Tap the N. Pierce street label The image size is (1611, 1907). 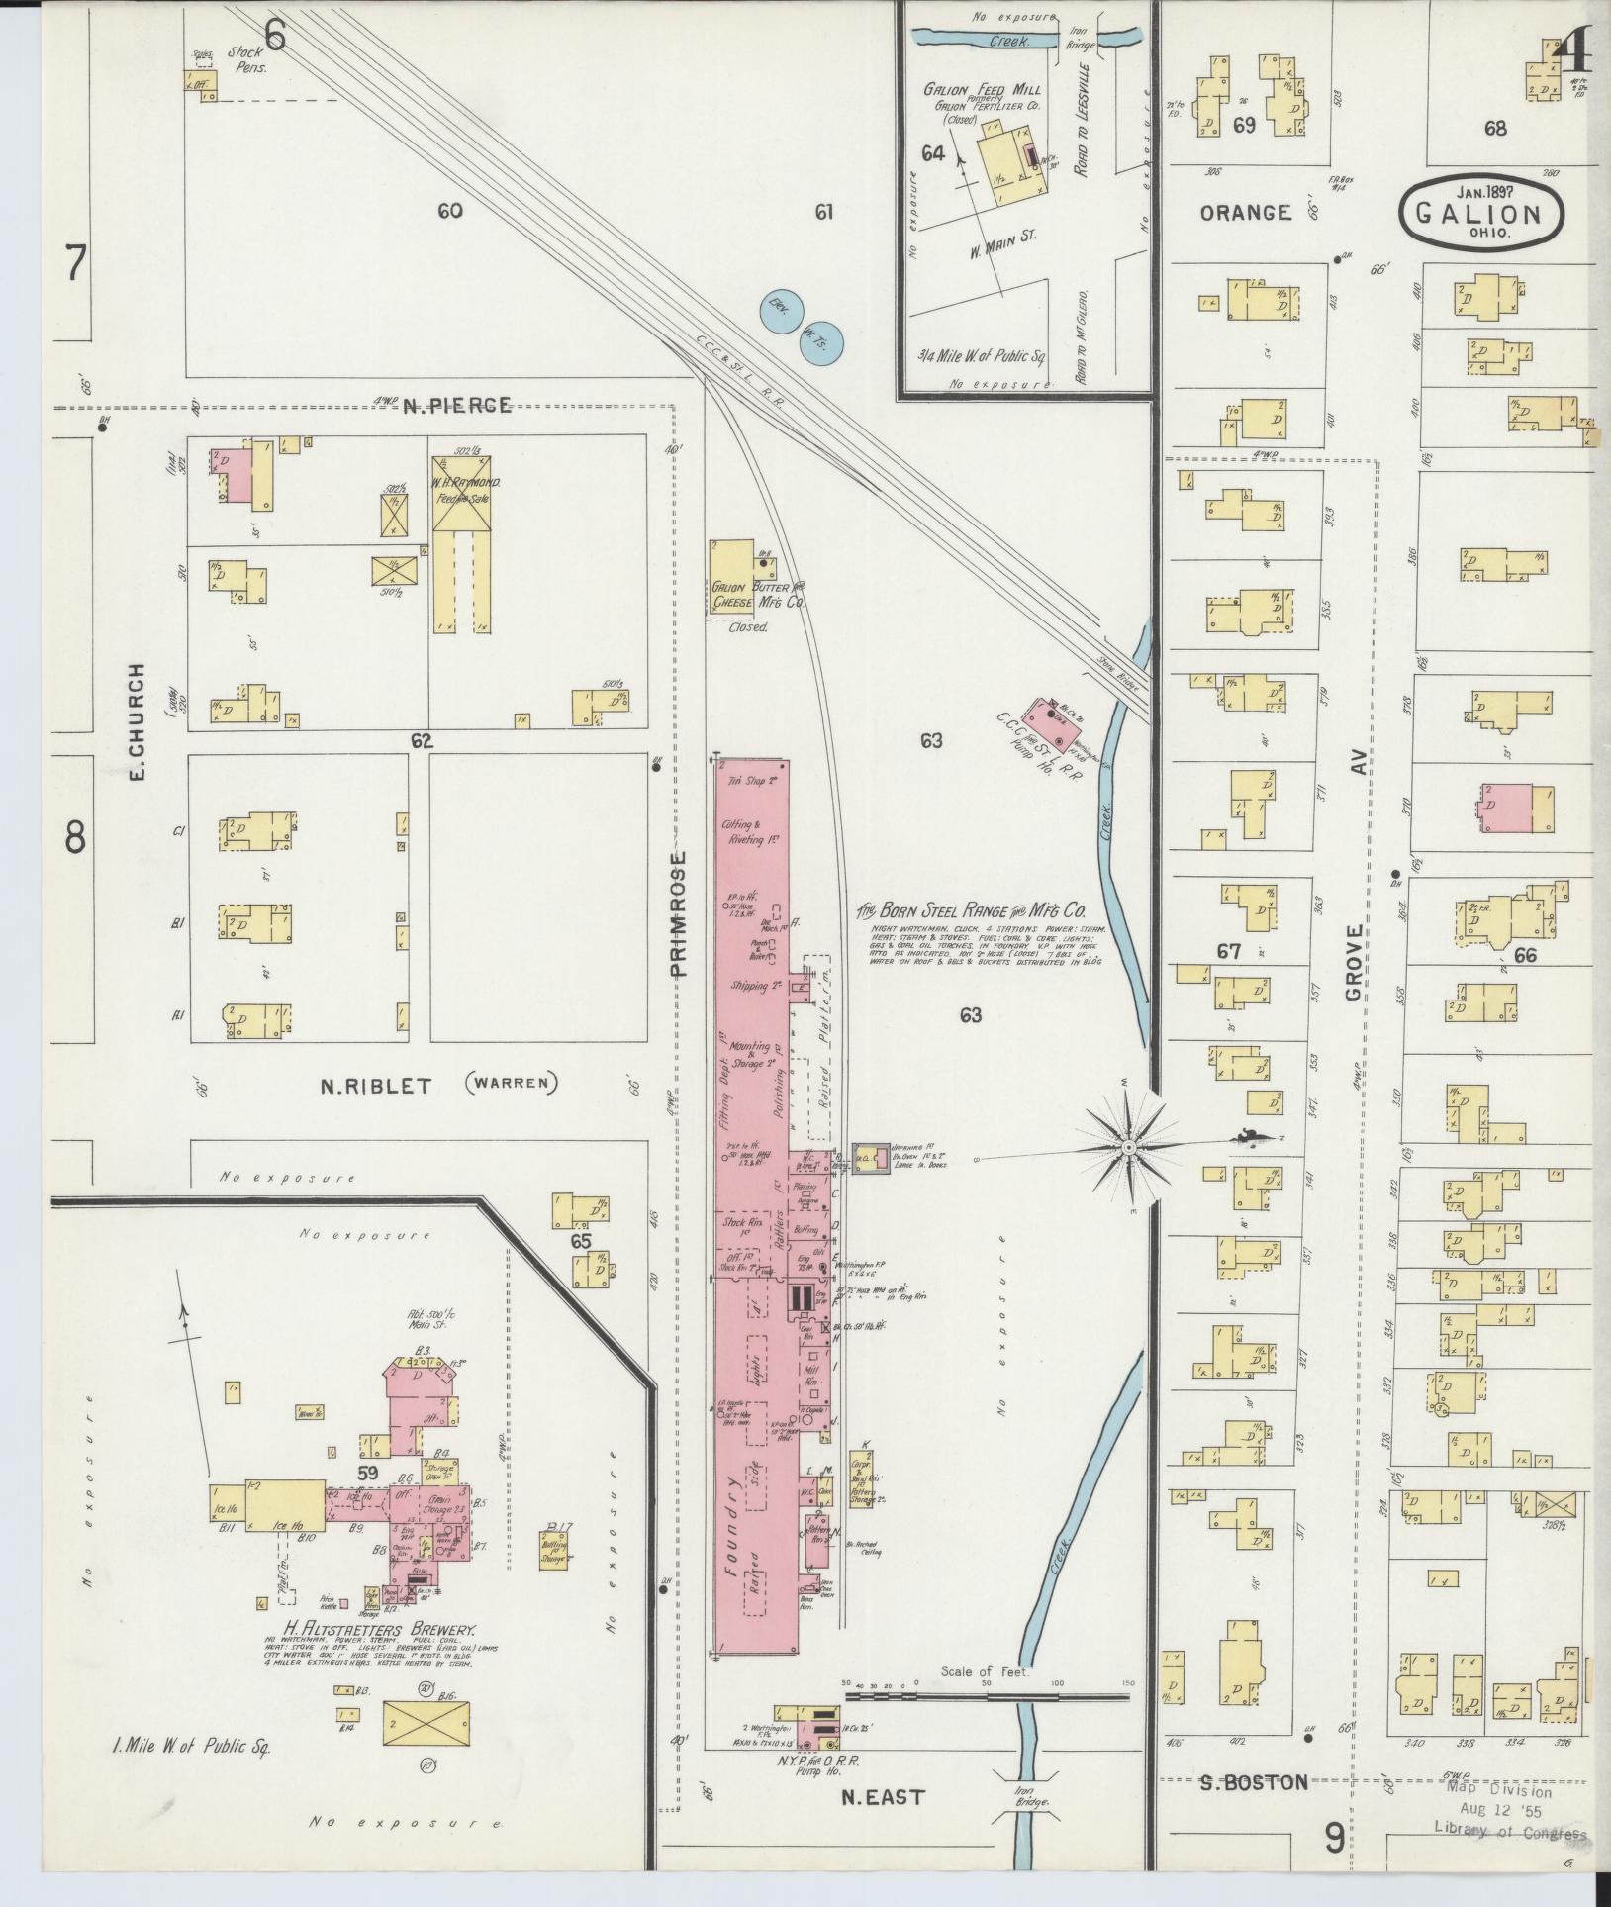(456, 404)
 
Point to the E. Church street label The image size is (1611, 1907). (138, 719)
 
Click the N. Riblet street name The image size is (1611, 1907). (375, 1086)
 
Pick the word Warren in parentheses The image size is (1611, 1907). (511, 1084)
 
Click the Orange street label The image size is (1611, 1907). (1246, 212)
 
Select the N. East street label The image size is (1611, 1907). (882, 1797)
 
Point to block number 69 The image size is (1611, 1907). (1244, 126)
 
